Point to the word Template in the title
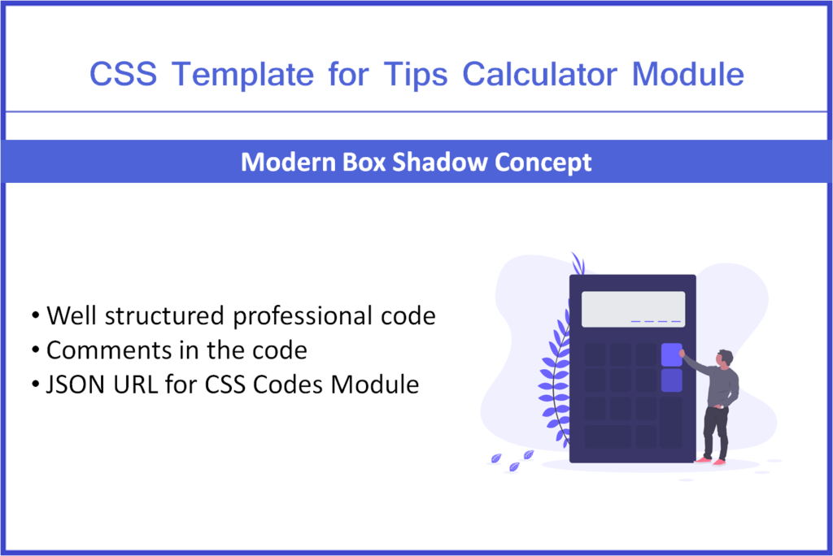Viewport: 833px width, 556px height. (243, 75)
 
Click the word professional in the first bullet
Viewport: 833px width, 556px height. (305, 316)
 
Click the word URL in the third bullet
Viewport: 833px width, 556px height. (144, 384)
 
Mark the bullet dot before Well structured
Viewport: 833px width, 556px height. (36, 316)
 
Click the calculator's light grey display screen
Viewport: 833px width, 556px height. (632, 309)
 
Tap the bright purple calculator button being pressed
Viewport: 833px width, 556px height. (671, 354)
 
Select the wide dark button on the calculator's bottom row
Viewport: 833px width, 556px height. (608, 437)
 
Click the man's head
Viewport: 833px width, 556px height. (724, 358)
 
